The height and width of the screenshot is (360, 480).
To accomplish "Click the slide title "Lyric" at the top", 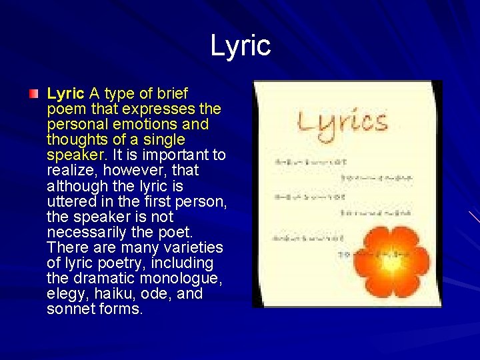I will pos(240,45).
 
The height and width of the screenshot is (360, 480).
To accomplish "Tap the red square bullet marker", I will pos(34,94).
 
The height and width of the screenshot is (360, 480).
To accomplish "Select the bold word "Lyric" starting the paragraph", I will pos(65,93).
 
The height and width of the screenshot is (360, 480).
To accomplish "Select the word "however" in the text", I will pos(125,171).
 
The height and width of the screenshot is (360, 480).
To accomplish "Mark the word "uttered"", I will pos(70,201).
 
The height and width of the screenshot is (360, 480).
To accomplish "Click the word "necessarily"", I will pos(87,233).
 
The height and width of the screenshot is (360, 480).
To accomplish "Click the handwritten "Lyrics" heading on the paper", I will pos(342,123).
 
